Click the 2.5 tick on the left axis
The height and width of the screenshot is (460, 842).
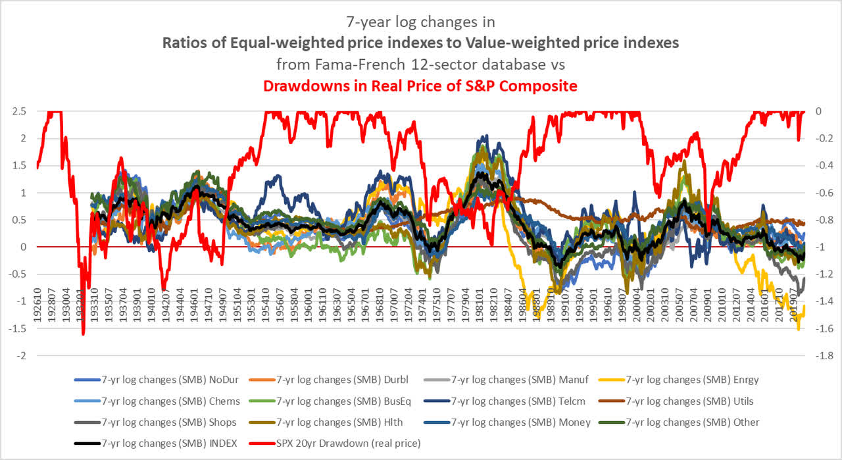click(20, 111)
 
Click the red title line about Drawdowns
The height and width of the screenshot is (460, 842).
click(420, 86)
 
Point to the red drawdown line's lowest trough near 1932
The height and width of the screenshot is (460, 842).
click(84, 334)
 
